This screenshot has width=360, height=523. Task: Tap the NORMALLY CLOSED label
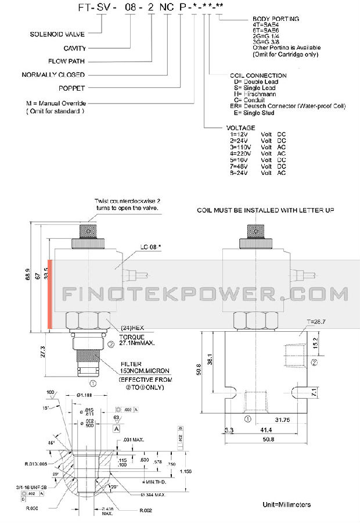(53, 74)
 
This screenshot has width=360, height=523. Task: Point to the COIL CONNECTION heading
(258, 76)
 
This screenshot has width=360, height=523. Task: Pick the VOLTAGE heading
(240, 127)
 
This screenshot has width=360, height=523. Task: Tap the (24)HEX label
(131, 328)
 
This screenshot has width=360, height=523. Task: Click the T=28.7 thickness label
(316, 321)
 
